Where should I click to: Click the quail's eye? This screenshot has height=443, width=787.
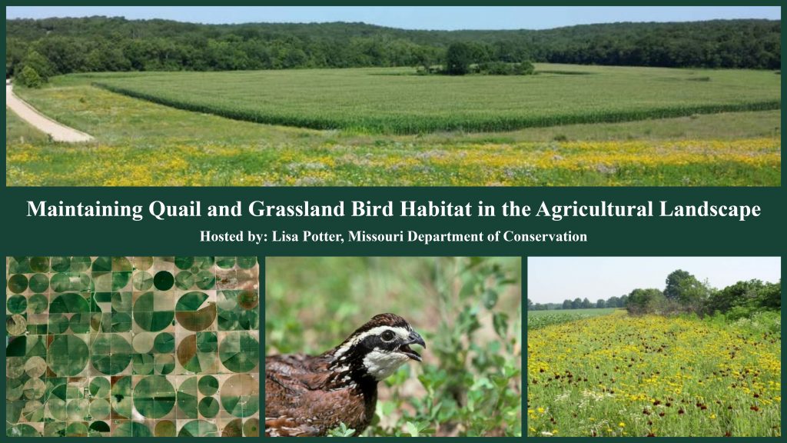tap(387, 335)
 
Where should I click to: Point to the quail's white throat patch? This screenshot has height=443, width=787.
tap(385, 362)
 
